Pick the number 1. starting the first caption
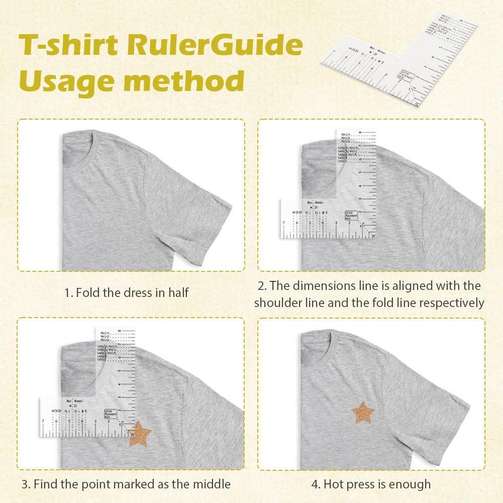(68, 292)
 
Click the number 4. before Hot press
(316, 484)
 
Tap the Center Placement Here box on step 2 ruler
(352, 216)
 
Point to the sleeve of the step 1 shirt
(201, 211)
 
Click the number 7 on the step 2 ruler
(284, 222)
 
